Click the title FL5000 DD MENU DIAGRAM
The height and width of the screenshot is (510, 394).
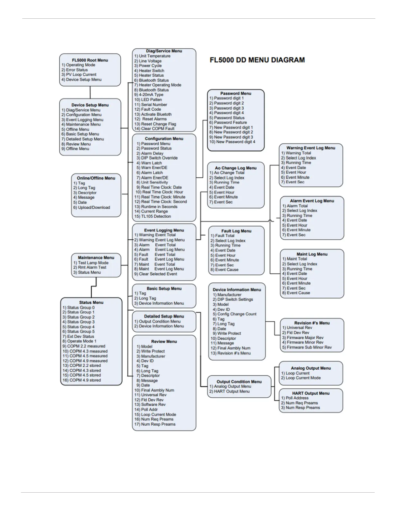point(257,60)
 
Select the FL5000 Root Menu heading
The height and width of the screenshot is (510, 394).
point(90,60)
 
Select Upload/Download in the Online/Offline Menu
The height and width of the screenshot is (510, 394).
point(94,208)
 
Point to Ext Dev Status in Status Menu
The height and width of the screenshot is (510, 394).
point(80,336)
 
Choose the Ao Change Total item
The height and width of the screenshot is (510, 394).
point(229,173)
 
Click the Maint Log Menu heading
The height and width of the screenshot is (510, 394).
point(312,254)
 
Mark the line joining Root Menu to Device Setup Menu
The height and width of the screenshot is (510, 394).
point(90,92)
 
